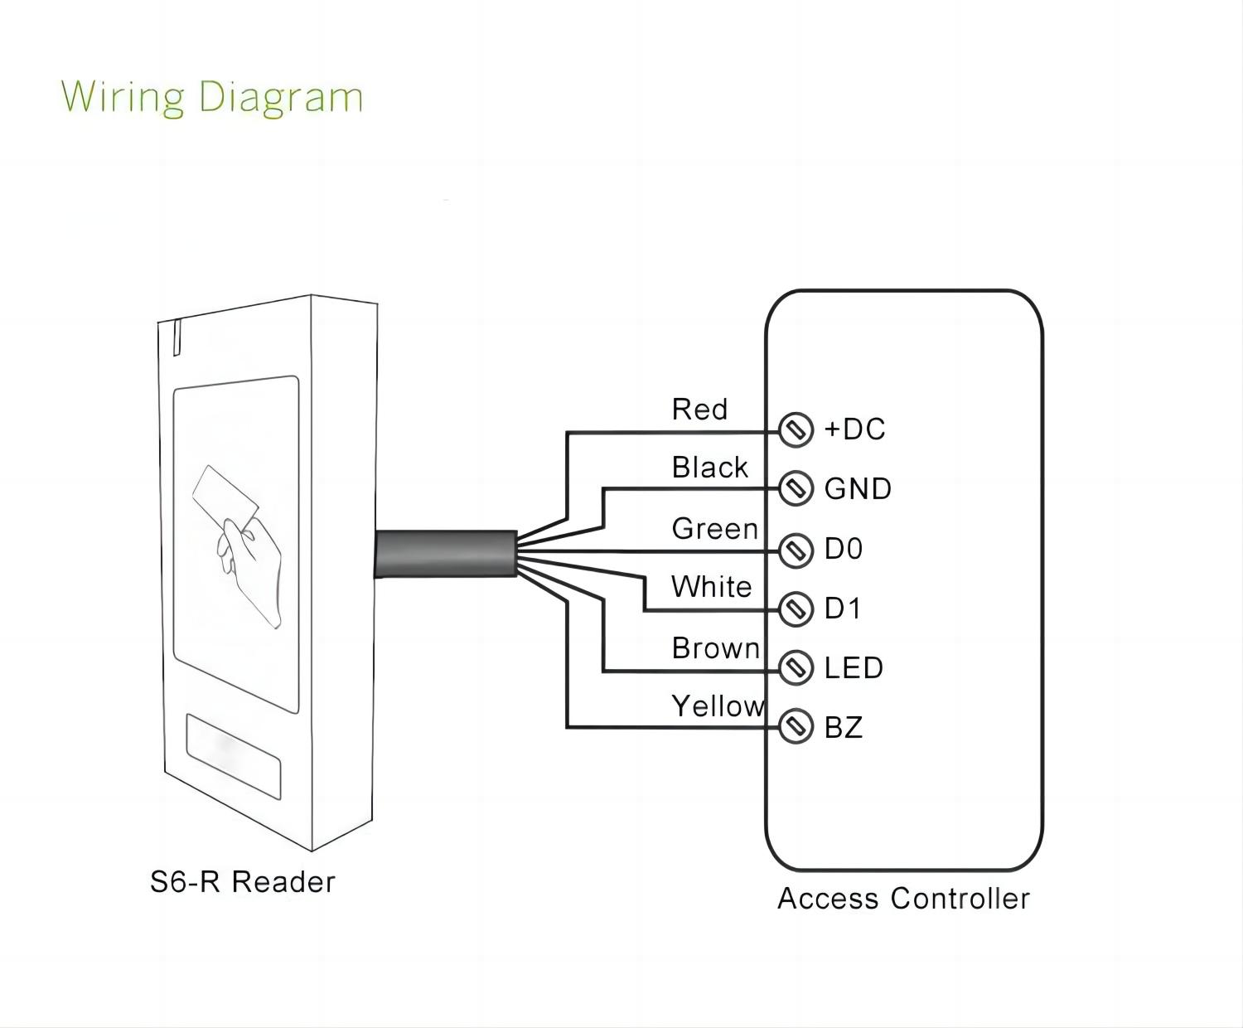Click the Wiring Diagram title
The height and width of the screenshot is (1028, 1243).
(212, 96)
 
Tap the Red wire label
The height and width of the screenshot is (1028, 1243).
(699, 410)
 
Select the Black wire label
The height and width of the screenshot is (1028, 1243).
(709, 468)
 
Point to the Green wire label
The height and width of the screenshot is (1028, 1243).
(714, 529)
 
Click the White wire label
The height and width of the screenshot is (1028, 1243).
(711, 587)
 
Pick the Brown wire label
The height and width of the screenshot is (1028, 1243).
(715, 648)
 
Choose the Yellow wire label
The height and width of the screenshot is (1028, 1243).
(717, 706)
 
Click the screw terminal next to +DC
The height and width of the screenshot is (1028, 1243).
(796, 429)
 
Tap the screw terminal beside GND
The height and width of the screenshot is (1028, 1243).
(796, 488)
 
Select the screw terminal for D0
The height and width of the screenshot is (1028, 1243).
(796, 549)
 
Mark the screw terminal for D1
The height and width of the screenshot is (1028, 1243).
(796, 609)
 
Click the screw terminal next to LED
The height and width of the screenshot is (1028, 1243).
(796, 667)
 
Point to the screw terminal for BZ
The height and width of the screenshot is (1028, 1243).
(796, 727)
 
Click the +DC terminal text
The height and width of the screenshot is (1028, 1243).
(854, 429)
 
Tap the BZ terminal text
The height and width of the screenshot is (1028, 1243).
(844, 728)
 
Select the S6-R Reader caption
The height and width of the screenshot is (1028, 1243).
(242, 882)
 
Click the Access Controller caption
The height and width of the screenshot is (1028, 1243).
(903, 899)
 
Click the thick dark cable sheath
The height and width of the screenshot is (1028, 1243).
(445, 553)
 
